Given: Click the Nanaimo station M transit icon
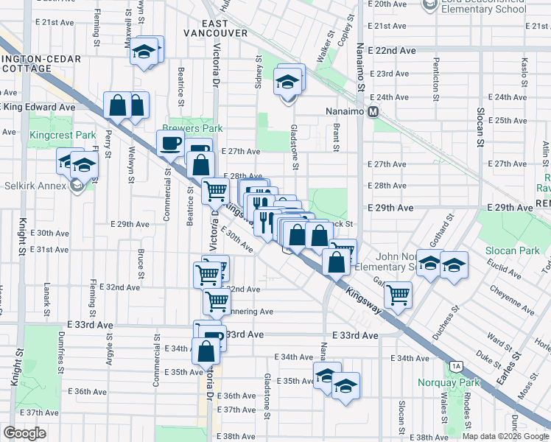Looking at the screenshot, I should coord(373,112).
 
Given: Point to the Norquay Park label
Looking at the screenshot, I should coord(448,382).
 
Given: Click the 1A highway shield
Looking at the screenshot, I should coord(457,366).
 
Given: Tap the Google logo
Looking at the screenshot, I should coord(25,433).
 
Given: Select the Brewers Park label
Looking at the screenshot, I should coord(197,128).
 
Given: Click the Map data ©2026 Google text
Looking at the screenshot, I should coord(505,436).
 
